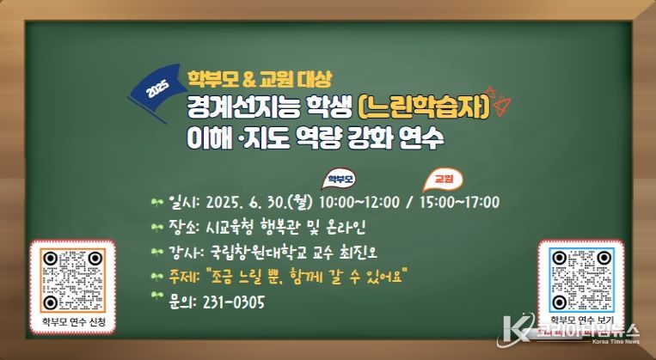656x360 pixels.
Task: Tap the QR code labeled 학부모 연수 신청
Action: point(73,281)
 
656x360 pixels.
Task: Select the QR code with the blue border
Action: point(581,280)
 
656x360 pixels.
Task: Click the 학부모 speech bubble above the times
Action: point(340,180)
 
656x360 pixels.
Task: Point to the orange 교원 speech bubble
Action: point(443,180)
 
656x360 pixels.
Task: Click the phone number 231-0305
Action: point(234,302)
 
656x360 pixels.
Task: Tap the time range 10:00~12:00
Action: point(359,203)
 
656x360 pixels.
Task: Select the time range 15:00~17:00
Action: point(459,203)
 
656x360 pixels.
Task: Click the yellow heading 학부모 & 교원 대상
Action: point(260,79)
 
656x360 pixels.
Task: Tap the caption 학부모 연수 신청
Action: point(73,322)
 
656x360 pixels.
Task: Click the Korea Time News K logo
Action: point(515,332)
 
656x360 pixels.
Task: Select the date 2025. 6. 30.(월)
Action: point(260,203)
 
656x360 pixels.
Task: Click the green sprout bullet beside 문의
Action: point(156,296)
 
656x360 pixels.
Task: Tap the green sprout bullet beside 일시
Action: point(156,203)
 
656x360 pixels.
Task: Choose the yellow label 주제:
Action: point(184,277)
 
